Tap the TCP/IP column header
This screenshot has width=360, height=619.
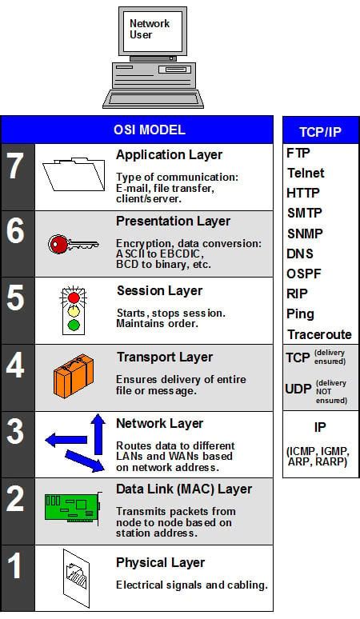coord(319,131)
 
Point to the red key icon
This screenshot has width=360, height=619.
coord(71,243)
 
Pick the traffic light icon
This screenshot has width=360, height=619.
coord(73,309)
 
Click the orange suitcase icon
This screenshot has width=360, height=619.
coord(74,377)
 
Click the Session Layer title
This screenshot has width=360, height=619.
coord(159,290)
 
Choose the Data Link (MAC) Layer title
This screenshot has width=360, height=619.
coord(184,489)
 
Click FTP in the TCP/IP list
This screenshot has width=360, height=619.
coord(298,152)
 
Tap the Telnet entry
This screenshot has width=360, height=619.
coord(306,173)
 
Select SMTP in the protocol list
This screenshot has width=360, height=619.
coord(303,214)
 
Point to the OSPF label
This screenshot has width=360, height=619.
coord(303,274)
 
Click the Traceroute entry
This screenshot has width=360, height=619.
coord(318,334)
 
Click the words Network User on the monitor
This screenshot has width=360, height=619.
coord(150,30)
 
